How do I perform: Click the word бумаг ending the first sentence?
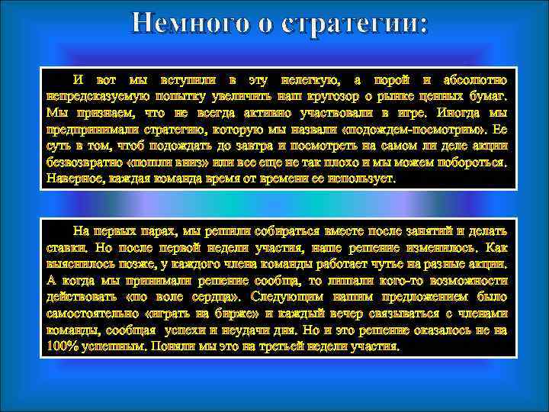coord(485,96)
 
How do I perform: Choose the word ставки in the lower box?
coord(67,247)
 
